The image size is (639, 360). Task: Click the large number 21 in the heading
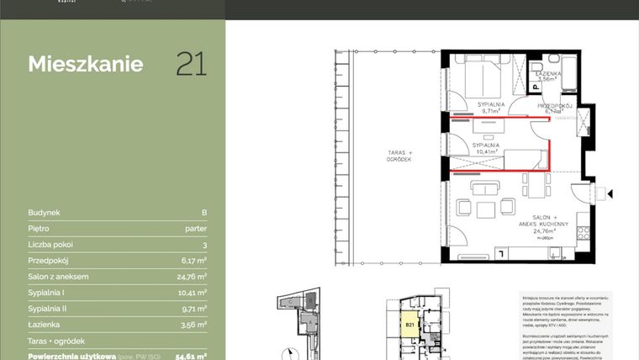click(x=191, y=64)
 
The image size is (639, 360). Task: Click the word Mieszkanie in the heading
click(x=85, y=65)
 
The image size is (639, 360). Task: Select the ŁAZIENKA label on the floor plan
click(x=548, y=74)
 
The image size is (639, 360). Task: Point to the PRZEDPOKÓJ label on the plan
click(x=555, y=105)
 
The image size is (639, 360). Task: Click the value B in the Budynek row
click(x=204, y=213)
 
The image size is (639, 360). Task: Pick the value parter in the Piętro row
click(x=195, y=229)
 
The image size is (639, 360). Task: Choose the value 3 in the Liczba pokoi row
click(x=204, y=245)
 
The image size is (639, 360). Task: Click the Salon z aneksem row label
click(x=58, y=276)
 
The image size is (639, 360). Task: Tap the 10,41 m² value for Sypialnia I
click(x=192, y=292)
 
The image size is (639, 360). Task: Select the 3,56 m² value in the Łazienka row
click(x=193, y=324)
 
